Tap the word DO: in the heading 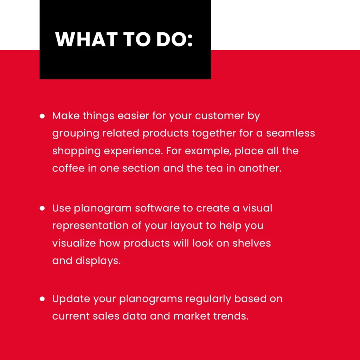pos(174,39)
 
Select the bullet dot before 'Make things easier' pos(42,116)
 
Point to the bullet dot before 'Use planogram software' pos(42,208)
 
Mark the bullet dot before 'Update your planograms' pos(42,299)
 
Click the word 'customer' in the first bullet pos(219,116)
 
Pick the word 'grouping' pos(76,134)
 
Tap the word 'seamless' pos(290,133)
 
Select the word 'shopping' pos(76,151)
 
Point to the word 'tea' pos(214,168)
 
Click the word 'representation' pos(90,226)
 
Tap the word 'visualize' pos(74,243)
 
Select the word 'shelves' pos(252,243)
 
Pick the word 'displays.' pos(98,261)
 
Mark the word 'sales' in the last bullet pos(106,316)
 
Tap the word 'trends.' pos(231,316)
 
